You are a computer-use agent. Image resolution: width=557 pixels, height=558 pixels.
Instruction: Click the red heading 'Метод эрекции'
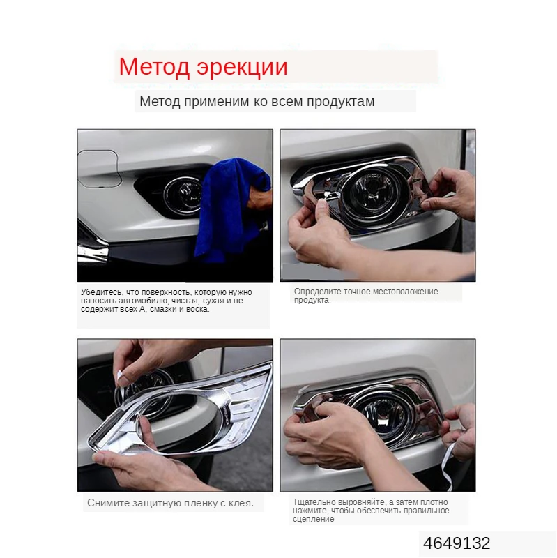point(203,67)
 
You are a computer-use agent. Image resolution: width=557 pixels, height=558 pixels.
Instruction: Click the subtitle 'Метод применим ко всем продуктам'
point(257,102)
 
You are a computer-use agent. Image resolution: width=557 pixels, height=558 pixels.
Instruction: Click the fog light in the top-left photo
point(183,195)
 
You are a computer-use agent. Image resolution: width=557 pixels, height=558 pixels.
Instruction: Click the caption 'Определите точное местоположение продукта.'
point(365,295)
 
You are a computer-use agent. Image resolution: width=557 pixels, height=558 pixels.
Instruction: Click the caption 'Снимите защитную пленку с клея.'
point(170,502)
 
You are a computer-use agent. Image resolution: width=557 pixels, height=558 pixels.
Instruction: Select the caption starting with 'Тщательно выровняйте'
point(371,510)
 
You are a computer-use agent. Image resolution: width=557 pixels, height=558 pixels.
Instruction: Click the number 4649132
point(457,543)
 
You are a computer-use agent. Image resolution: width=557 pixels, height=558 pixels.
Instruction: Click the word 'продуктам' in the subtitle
point(342,102)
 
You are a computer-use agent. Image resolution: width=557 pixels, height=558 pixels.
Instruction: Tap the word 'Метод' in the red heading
point(148,67)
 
